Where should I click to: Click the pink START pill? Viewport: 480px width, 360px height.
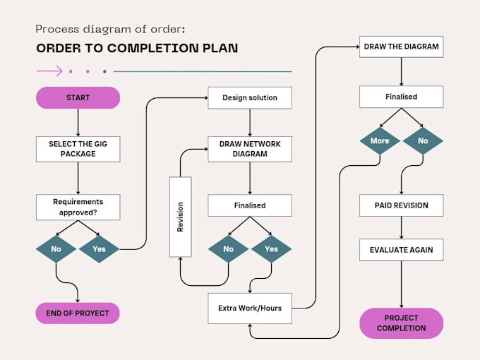coord(78,97)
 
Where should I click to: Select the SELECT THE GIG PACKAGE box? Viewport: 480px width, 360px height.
coord(78,148)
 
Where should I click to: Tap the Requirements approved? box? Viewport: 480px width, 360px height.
coord(78,207)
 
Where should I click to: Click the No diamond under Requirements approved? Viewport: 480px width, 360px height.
coord(56,249)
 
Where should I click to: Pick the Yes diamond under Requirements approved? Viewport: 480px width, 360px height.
coord(99,249)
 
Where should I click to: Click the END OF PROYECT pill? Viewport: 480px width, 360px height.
coord(78,313)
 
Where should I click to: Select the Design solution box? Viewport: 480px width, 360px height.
coord(249,97)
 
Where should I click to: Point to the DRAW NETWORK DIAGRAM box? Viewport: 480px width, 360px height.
coord(249,148)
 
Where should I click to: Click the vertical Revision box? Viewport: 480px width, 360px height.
coord(180,217)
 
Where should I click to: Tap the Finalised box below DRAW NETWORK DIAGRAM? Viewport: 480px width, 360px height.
coord(249,205)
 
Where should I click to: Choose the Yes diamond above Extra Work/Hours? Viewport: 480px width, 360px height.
coord(271,249)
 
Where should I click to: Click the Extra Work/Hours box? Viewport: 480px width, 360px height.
coord(249,308)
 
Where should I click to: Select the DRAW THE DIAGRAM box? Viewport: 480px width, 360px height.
coord(401,47)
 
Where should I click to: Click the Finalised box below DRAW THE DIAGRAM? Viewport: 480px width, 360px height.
coord(401,97)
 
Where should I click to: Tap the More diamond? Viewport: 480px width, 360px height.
coord(380,140)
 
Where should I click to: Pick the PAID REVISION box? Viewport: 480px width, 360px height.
coord(401,205)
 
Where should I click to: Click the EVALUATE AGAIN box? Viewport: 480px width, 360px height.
coord(401,250)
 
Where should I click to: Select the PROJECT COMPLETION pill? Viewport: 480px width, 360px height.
coord(401,323)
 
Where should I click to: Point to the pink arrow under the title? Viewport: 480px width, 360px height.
coord(49,71)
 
